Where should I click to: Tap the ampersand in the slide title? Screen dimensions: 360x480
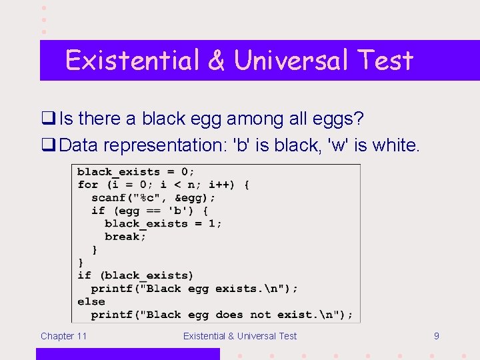216,60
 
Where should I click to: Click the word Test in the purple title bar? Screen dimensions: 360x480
385,60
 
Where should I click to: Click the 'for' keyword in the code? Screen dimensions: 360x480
87,185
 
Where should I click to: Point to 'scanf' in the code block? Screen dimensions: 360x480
107,198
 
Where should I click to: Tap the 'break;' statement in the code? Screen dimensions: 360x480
125,237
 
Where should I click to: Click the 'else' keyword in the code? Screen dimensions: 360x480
91,301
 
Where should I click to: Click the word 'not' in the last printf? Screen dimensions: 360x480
261,315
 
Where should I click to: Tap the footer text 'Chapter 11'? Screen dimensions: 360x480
63,336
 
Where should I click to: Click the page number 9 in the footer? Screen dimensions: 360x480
436,336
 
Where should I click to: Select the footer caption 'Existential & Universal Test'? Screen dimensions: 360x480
240,336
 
